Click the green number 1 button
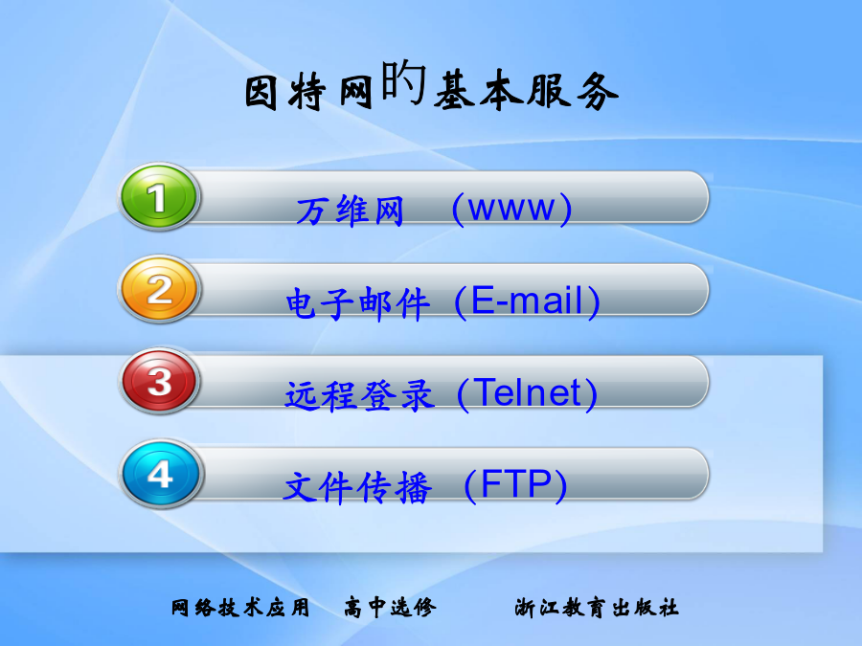coord(159,196)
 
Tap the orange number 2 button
coord(159,289)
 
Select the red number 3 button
coord(159,381)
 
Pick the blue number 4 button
coord(160,474)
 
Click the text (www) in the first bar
coord(511,209)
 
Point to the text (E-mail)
coord(527,301)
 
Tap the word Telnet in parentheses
coord(527,393)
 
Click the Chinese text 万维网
coord(351,211)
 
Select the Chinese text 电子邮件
coord(357,303)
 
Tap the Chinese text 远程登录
coord(359,395)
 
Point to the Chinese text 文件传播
coord(357,487)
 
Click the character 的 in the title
coord(404,82)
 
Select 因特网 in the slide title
coord(308,92)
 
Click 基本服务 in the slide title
coord(526,91)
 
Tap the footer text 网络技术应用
coord(240,608)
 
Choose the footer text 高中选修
coord(391,608)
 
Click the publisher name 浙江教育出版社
coord(597,608)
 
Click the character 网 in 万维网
coord(389,211)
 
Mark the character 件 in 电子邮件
coord(412,303)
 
